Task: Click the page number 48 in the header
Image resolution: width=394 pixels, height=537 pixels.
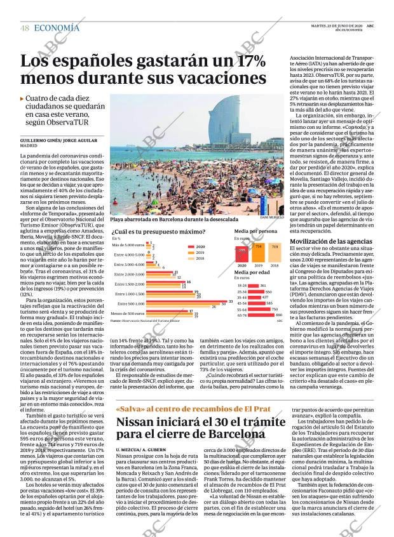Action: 25,28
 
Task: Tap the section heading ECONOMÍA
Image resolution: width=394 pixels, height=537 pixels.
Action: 57,27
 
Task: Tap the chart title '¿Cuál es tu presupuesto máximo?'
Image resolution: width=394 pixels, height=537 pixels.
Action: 154,232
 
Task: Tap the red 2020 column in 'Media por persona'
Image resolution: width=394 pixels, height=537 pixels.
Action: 241,256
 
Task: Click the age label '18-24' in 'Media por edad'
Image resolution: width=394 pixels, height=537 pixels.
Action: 241,286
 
